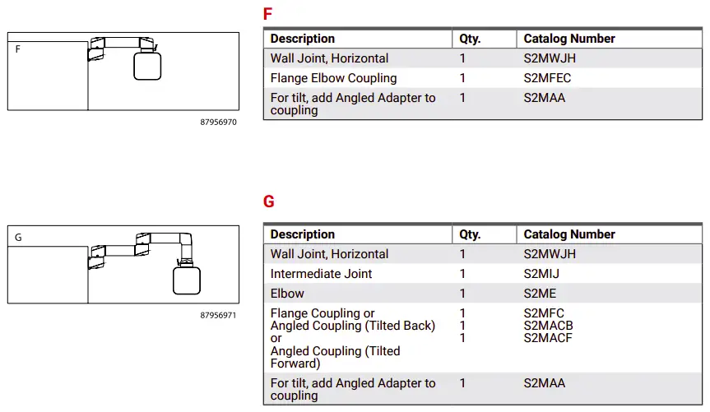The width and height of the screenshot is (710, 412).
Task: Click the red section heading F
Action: (x=267, y=14)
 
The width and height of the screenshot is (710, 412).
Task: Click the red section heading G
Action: (x=268, y=201)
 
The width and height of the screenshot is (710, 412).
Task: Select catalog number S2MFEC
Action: (x=546, y=78)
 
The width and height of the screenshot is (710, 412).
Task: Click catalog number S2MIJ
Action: (x=542, y=274)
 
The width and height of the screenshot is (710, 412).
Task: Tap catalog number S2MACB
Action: (x=548, y=326)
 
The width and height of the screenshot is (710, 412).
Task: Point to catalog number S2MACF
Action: (x=548, y=338)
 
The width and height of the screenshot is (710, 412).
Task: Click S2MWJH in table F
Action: (x=549, y=58)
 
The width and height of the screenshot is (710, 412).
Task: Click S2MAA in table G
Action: (x=544, y=383)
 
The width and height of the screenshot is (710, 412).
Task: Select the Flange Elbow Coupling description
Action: (x=333, y=78)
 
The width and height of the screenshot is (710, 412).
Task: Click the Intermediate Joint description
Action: (x=321, y=274)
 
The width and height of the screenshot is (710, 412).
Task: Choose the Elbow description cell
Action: (x=287, y=294)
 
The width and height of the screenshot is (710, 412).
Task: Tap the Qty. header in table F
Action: (x=470, y=39)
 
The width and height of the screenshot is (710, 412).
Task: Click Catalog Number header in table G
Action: (x=569, y=234)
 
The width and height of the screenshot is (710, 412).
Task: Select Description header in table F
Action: (x=302, y=39)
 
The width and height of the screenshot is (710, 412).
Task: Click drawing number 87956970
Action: (x=218, y=122)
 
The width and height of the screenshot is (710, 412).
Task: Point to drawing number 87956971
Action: (x=218, y=315)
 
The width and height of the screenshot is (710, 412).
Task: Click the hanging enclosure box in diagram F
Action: (x=147, y=66)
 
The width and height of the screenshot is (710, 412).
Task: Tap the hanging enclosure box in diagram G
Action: (x=187, y=280)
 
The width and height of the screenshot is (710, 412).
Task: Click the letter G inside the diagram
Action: (x=19, y=238)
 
